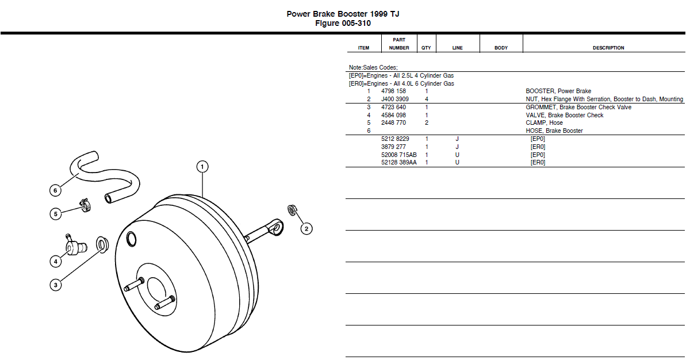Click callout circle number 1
[x=202, y=167]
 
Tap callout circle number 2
[x=306, y=229]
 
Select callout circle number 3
[x=55, y=285]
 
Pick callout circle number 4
[x=55, y=262]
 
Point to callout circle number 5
[x=55, y=214]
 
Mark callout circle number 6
[x=55, y=190]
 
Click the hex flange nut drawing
[x=292, y=210]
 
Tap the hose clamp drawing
[x=85, y=204]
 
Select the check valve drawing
[x=75, y=246]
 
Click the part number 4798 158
[x=393, y=91]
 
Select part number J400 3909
[x=395, y=99]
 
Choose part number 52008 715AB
[x=398, y=155]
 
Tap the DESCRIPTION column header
[x=608, y=48]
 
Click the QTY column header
[x=426, y=48]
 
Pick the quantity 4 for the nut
[x=426, y=99]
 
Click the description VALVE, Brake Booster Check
[x=564, y=115]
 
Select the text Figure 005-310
[x=343, y=24]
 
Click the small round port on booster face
[x=131, y=238]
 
